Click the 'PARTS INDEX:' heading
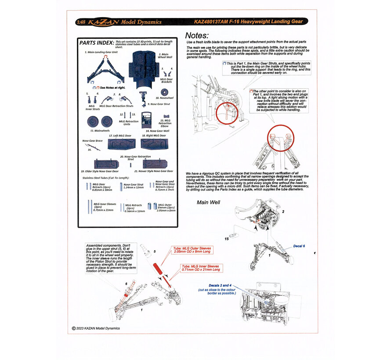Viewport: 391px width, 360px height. (95, 43)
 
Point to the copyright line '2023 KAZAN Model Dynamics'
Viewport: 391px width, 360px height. (95, 328)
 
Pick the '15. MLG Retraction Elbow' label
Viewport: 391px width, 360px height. (165, 123)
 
